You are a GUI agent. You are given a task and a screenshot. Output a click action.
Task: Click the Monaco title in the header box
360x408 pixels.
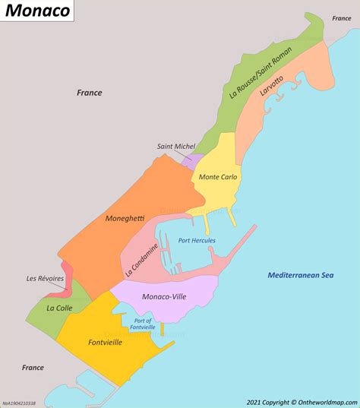pyautogui.click(x=37, y=11)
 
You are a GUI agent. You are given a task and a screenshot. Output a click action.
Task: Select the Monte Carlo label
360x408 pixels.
pyautogui.click(x=218, y=177)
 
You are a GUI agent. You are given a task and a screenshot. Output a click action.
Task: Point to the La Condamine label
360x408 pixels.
pyautogui.click(x=141, y=260)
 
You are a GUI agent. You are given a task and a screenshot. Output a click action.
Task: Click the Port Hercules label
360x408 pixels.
pyautogui.click(x=197, y=241)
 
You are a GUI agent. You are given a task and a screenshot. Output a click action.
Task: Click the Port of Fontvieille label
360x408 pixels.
pyautogui.click(x=144, y=324)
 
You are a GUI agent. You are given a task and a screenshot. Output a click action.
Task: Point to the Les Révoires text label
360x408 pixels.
pyautogui.click(x=46, y=278)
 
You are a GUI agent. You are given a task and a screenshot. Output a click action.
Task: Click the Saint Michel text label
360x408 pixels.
pyautogui.click(x=176, y=147)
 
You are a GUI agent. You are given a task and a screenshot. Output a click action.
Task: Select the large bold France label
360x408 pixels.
pyautogui.click(x=89, y=93)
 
